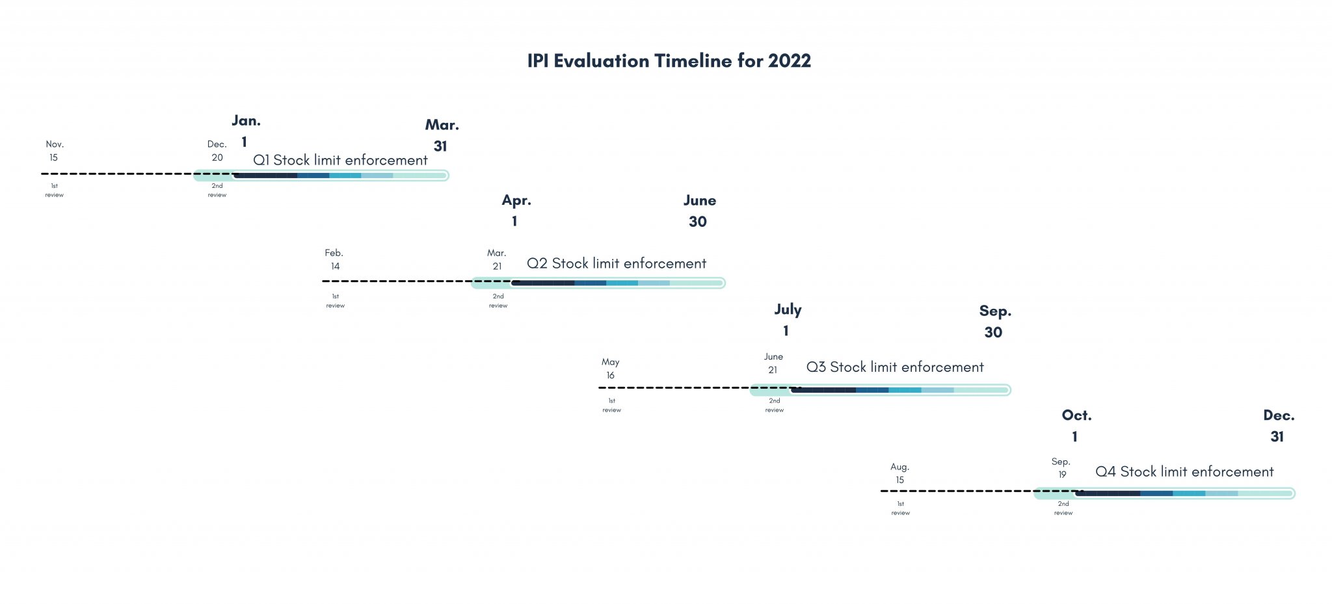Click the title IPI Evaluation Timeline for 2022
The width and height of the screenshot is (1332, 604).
[x=669, y=61]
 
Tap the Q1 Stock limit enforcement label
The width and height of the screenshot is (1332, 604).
[x=340, y=160]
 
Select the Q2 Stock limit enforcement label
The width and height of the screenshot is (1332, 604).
[x=616, y=263]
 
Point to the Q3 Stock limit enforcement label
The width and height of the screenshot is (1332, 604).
[x=895, y=367]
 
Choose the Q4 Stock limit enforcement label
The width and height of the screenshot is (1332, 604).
[x=1184, y=471]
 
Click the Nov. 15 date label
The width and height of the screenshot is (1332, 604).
[x=54, y=151]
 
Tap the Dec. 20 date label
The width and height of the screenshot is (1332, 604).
[x=217, y=151]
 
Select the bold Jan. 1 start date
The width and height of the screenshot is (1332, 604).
[x=246, y=131]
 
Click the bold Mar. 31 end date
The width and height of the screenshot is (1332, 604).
[x=442, y=135]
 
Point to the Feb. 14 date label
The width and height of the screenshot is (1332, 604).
[x=334, y=259]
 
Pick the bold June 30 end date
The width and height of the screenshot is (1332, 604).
[x=699, y=211]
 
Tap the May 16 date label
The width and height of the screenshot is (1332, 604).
[x=610, y=369]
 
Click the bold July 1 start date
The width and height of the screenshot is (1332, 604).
[x=788, y=320]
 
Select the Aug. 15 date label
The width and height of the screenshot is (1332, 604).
[x=899, y=473]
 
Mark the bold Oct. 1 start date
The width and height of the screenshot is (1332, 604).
[x=1076, y=426]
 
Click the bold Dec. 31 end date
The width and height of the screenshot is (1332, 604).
[x=1279, y=426]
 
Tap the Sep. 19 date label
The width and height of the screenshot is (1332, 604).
[x=1061, y=468]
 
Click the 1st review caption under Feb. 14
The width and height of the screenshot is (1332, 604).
[x=336, y=301]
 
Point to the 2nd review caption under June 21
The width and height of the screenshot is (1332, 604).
[x=774, y=406]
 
